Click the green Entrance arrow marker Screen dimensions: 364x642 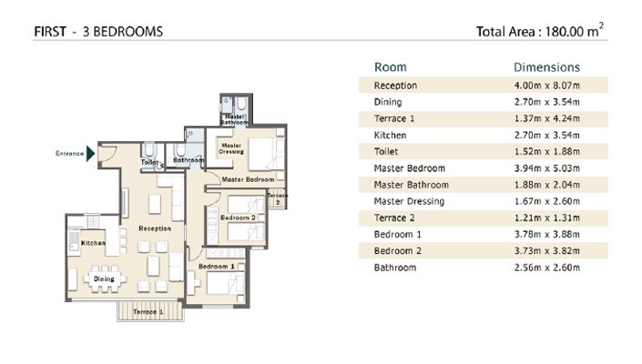[90, 153]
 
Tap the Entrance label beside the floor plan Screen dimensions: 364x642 [69, 154]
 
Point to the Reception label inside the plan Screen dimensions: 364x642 [155, 228]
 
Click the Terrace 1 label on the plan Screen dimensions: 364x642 [148, 312]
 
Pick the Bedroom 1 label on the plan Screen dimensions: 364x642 [218, 266]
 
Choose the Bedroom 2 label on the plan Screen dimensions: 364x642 [238, 218]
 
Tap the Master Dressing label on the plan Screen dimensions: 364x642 [229, 147]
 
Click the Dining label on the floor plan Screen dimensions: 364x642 [104, 279]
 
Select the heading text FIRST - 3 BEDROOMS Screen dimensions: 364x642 [98, 32]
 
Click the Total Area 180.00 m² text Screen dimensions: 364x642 [540, 32]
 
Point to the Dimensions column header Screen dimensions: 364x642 [546, 67]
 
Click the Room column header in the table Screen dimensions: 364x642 [391, 67]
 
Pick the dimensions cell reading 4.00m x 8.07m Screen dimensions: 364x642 [546, 86]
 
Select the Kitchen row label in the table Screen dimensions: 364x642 [389, 135]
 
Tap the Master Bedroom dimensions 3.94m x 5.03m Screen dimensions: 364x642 [546, 168]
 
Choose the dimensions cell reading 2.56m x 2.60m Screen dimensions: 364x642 [546, 268]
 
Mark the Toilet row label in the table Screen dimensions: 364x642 [386, 152]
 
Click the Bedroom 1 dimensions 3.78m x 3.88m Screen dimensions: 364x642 [546, 235]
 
